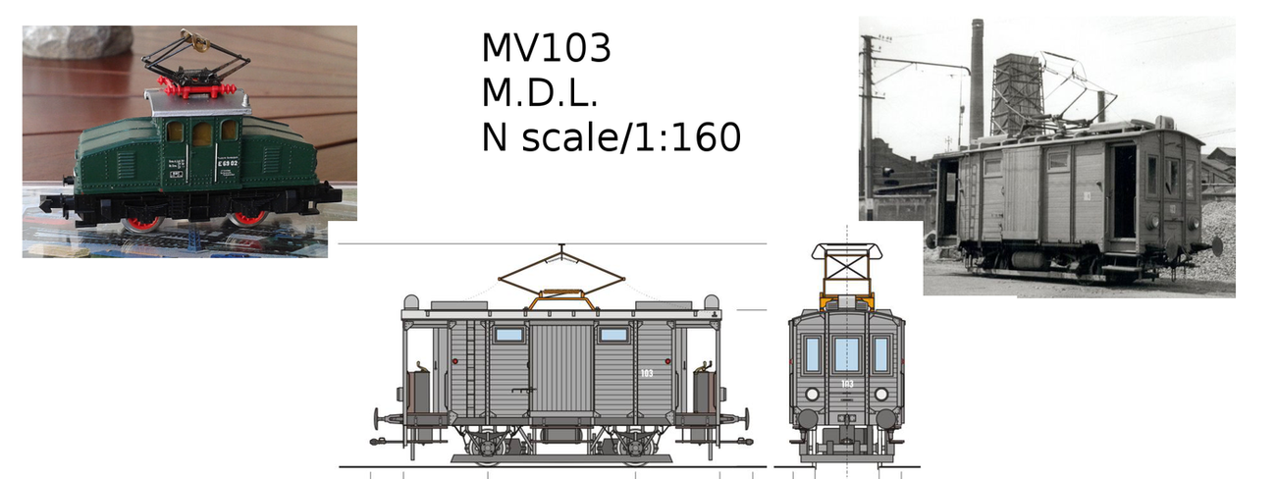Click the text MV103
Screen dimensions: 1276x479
pos(547,48)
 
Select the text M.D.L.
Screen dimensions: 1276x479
pos(540,93)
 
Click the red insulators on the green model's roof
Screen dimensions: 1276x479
pos(197,88)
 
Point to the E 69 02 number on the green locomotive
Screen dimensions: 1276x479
pos(228,162)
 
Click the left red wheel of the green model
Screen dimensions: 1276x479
pos(142,221)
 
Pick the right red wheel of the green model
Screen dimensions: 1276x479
pos(248,218)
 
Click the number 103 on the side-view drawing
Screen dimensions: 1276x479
pos(647,373)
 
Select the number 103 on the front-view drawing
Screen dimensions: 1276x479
pos(847,384)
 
